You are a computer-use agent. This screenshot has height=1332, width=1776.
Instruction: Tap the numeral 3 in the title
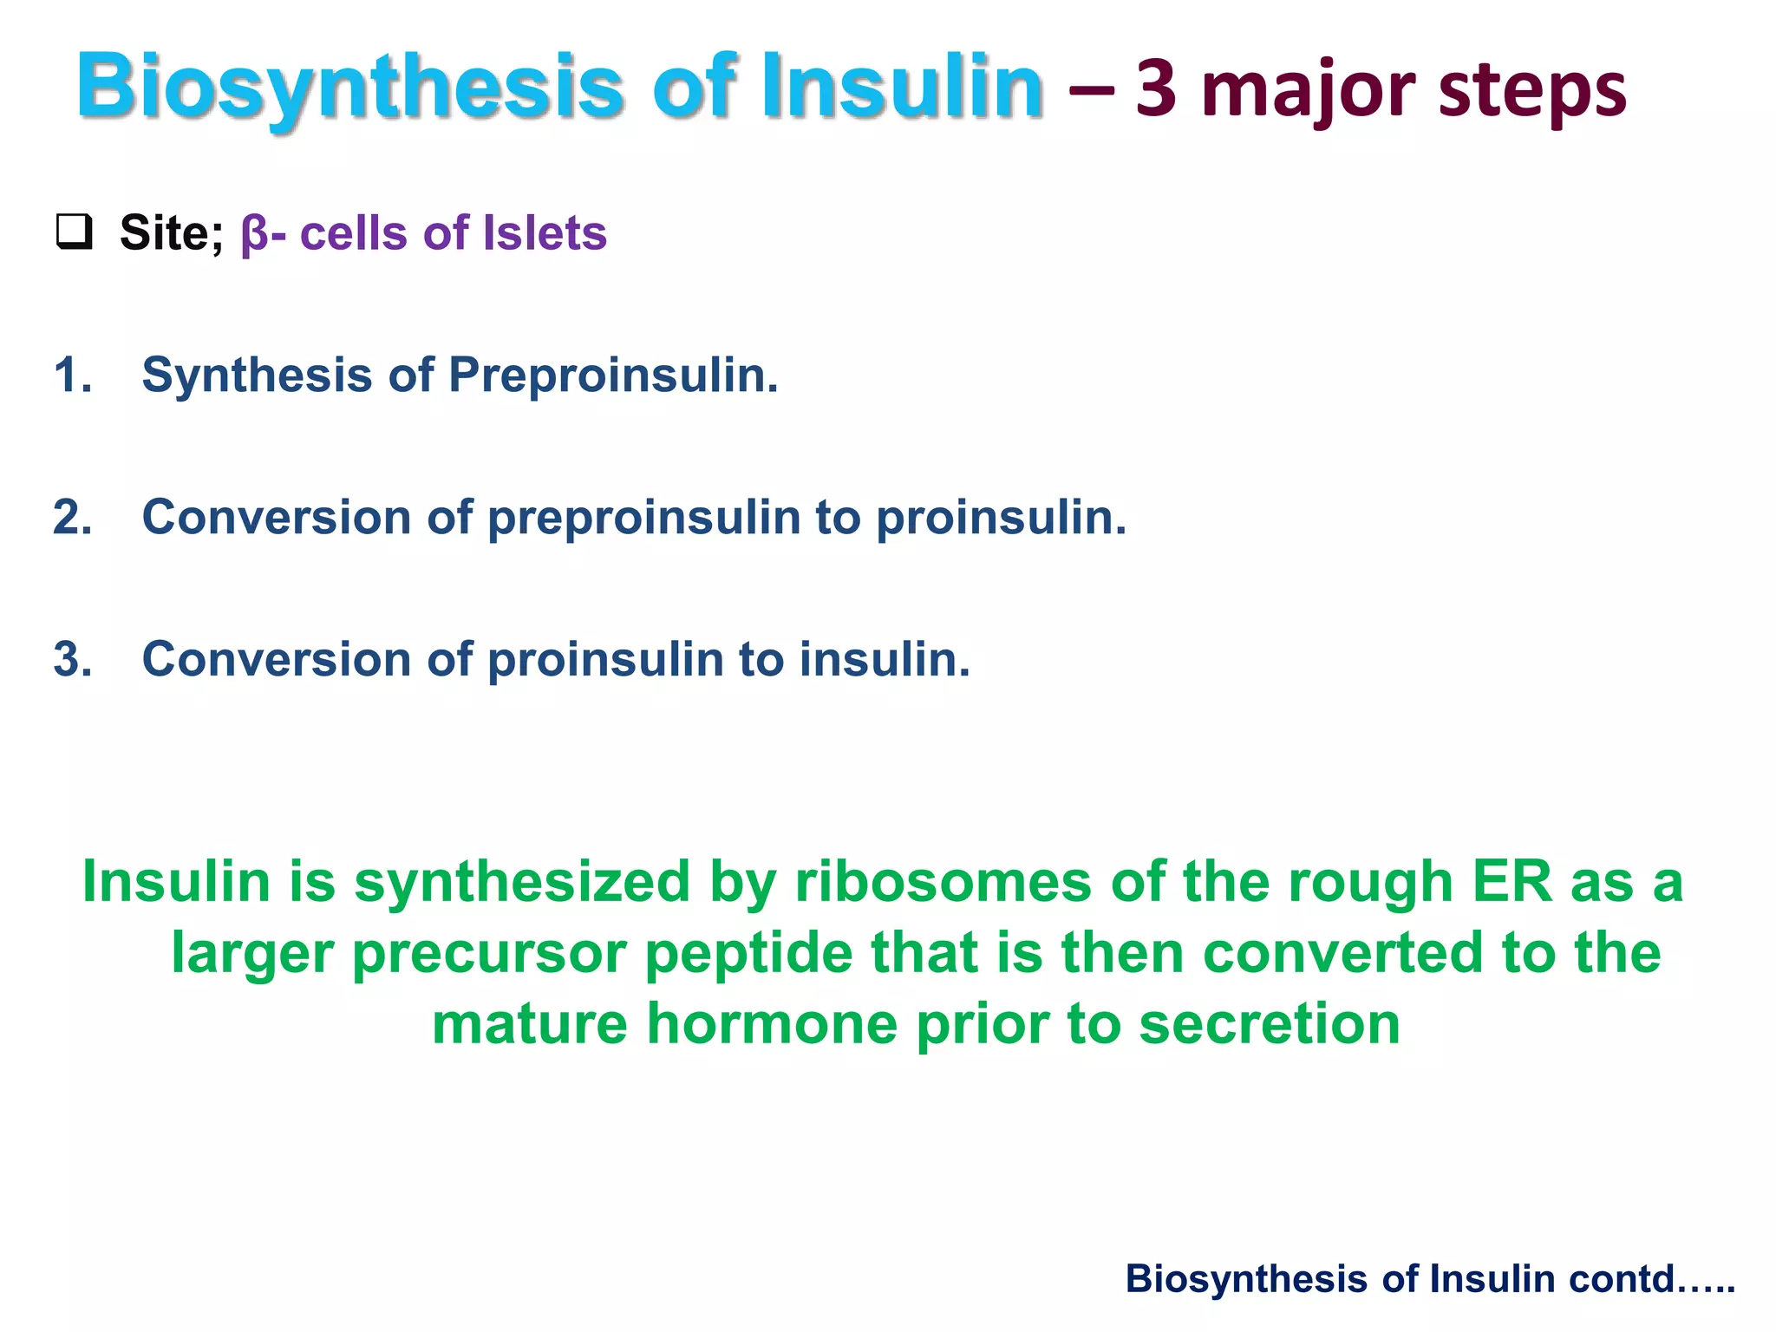point(1156,89)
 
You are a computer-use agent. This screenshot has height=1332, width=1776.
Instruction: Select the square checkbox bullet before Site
point(74,232)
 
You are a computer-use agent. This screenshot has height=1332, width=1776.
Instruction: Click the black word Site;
point(171,233)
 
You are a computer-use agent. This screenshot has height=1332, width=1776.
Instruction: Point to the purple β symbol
point(254,234)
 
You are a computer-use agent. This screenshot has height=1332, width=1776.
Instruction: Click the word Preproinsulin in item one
point(612,375)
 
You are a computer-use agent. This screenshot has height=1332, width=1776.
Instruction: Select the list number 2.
point(71,518)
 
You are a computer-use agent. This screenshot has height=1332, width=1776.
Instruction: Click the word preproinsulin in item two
point(643,518)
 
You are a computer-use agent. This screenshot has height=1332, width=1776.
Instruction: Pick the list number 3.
point(71,660)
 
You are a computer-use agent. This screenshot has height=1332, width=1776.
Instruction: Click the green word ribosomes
point(943,882)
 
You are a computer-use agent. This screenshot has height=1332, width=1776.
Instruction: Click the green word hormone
point(772,1024)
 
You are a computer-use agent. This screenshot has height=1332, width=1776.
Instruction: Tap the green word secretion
point(1269,1024)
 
